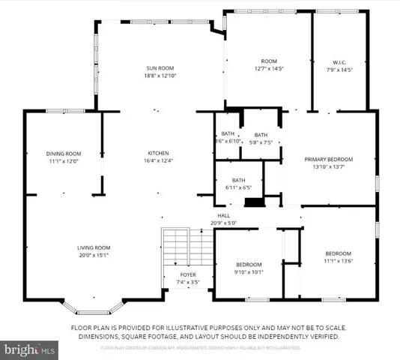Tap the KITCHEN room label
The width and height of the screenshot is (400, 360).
(157, 152)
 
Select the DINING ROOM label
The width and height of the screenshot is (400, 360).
(63, 153)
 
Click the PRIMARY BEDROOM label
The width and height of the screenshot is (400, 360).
(328, 159)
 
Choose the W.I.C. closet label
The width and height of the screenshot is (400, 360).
(341, 62)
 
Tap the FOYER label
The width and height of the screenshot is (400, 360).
(187, 274)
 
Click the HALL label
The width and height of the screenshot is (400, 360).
(222, 216)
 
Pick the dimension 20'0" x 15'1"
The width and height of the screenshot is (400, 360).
(94, 254)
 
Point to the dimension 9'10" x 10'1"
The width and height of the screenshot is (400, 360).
(249, 272)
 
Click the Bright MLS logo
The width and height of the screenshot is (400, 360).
(30, 349)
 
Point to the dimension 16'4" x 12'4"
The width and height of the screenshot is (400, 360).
(157, 160)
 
